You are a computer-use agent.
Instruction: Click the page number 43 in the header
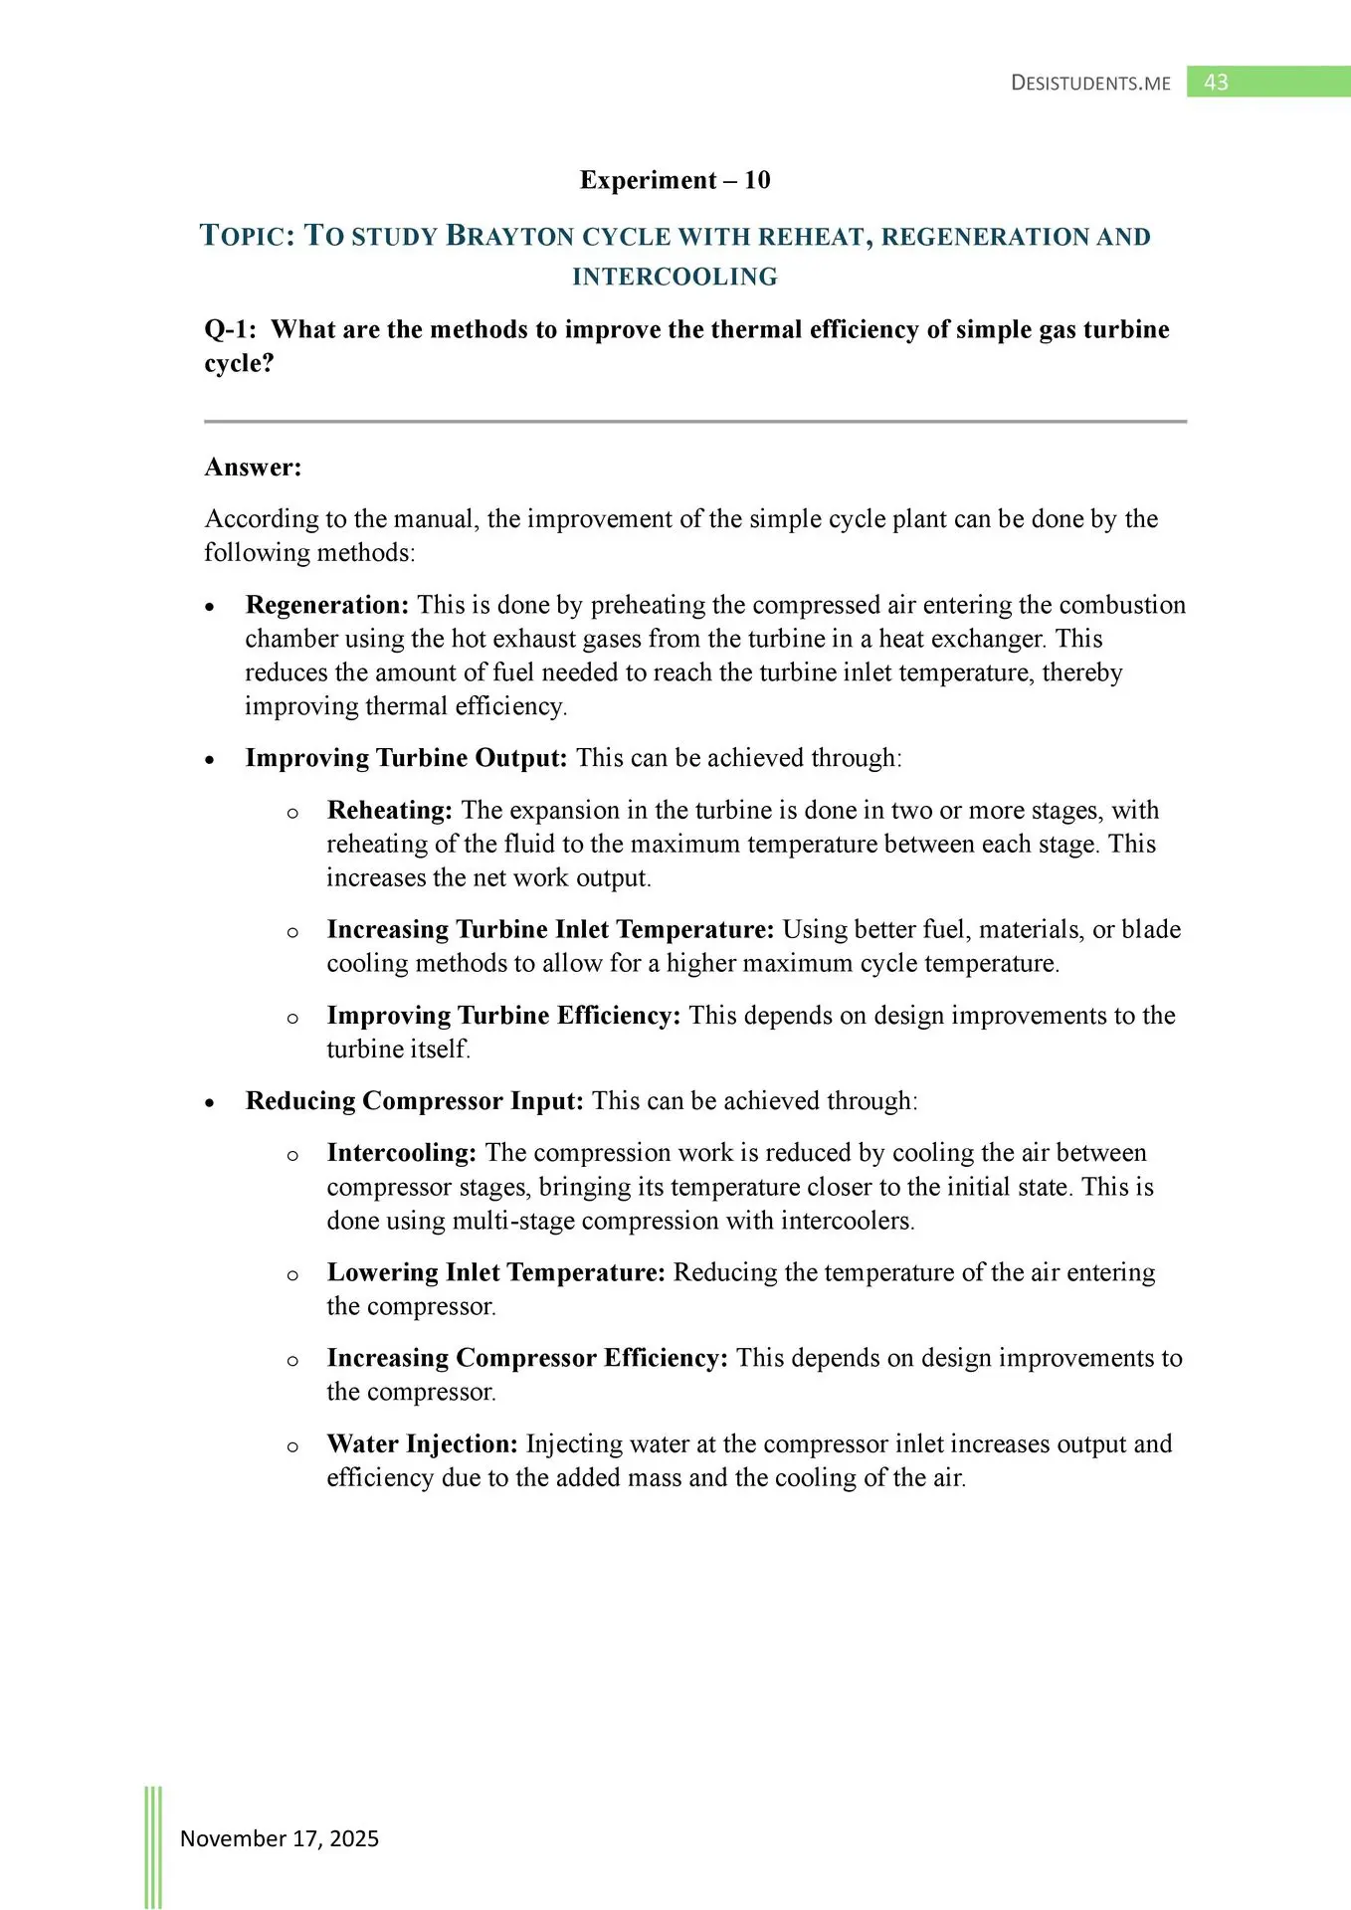click(x=1216, y=83)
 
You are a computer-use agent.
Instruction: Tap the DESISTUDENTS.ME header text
click(x=1090, y=84)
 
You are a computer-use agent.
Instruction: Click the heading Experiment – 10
click(x=675, y=180)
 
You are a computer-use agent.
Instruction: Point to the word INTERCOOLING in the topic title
click(x=675, y=277)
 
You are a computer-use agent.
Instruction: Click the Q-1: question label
click(x=230, y=329)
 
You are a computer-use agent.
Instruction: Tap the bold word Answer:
click(x=253, y=468)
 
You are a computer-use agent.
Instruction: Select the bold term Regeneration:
click(x=327, y=605)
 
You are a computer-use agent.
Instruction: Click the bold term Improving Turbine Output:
click(x=406, y=758)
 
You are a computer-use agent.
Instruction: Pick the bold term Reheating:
click(x=390, y=811)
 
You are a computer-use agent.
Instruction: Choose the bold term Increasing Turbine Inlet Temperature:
click(x=550, y=930)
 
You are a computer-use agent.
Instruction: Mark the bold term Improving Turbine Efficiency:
click(x=503, y=1016)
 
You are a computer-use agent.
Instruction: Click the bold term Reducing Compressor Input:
click(x=414, y=1101)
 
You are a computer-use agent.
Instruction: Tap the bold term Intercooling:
click(x=402, y=1153)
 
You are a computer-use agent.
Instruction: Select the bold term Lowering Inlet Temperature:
click(x=495, y=1272)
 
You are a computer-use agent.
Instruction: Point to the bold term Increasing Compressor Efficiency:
click(x=527, y=1358)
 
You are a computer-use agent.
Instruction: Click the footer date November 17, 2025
click(x=280, y=1838)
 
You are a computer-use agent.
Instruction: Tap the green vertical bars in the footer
click(x=153, y=1846)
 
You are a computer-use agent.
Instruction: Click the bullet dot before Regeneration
click(x=210, y=607)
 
